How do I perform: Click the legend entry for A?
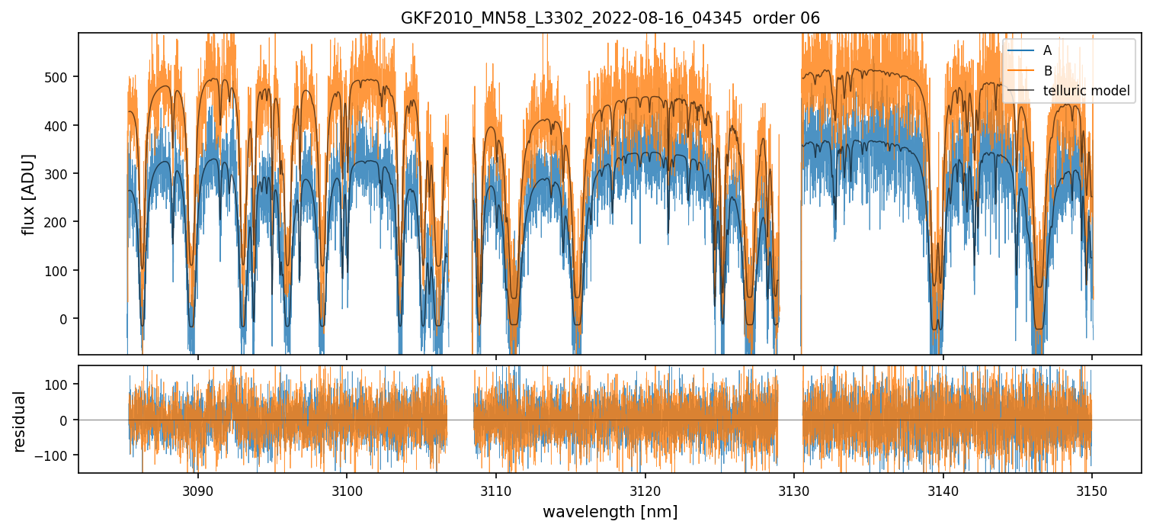[1047, 50]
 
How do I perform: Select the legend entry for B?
[1047, 71]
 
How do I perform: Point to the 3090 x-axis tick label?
[197, 489]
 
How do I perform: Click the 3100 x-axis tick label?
[347, 489]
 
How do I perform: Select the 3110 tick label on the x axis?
[496, 489]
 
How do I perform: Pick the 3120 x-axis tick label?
[645, 489]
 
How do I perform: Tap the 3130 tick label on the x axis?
[794, 489]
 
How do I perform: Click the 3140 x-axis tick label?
[943, 489]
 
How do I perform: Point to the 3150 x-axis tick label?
[1092, 489]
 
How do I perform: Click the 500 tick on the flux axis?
[59, 77]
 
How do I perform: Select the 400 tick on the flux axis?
[59, 125]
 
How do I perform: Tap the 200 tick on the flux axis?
[59, 222]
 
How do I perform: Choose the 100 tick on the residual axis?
[59, 385]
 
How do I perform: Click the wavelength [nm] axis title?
[610, 511]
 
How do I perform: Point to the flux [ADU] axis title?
[29, 194]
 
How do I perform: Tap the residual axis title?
[21, 421]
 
